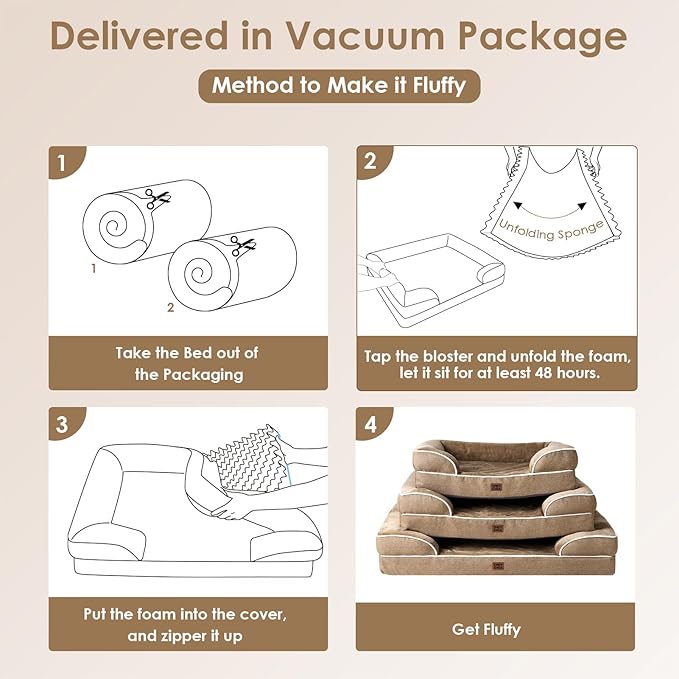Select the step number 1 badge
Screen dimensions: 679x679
(x=62, y=160)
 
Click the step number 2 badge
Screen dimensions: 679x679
(x=370, y=160)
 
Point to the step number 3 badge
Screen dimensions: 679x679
(x=62, y=423)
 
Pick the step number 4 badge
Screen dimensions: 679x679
(x=370, y=423)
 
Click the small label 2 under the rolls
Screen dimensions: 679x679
(x=170, y=308)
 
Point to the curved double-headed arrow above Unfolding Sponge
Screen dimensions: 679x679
(x=543, y=208)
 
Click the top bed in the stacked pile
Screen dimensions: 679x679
(x=496, y=459)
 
